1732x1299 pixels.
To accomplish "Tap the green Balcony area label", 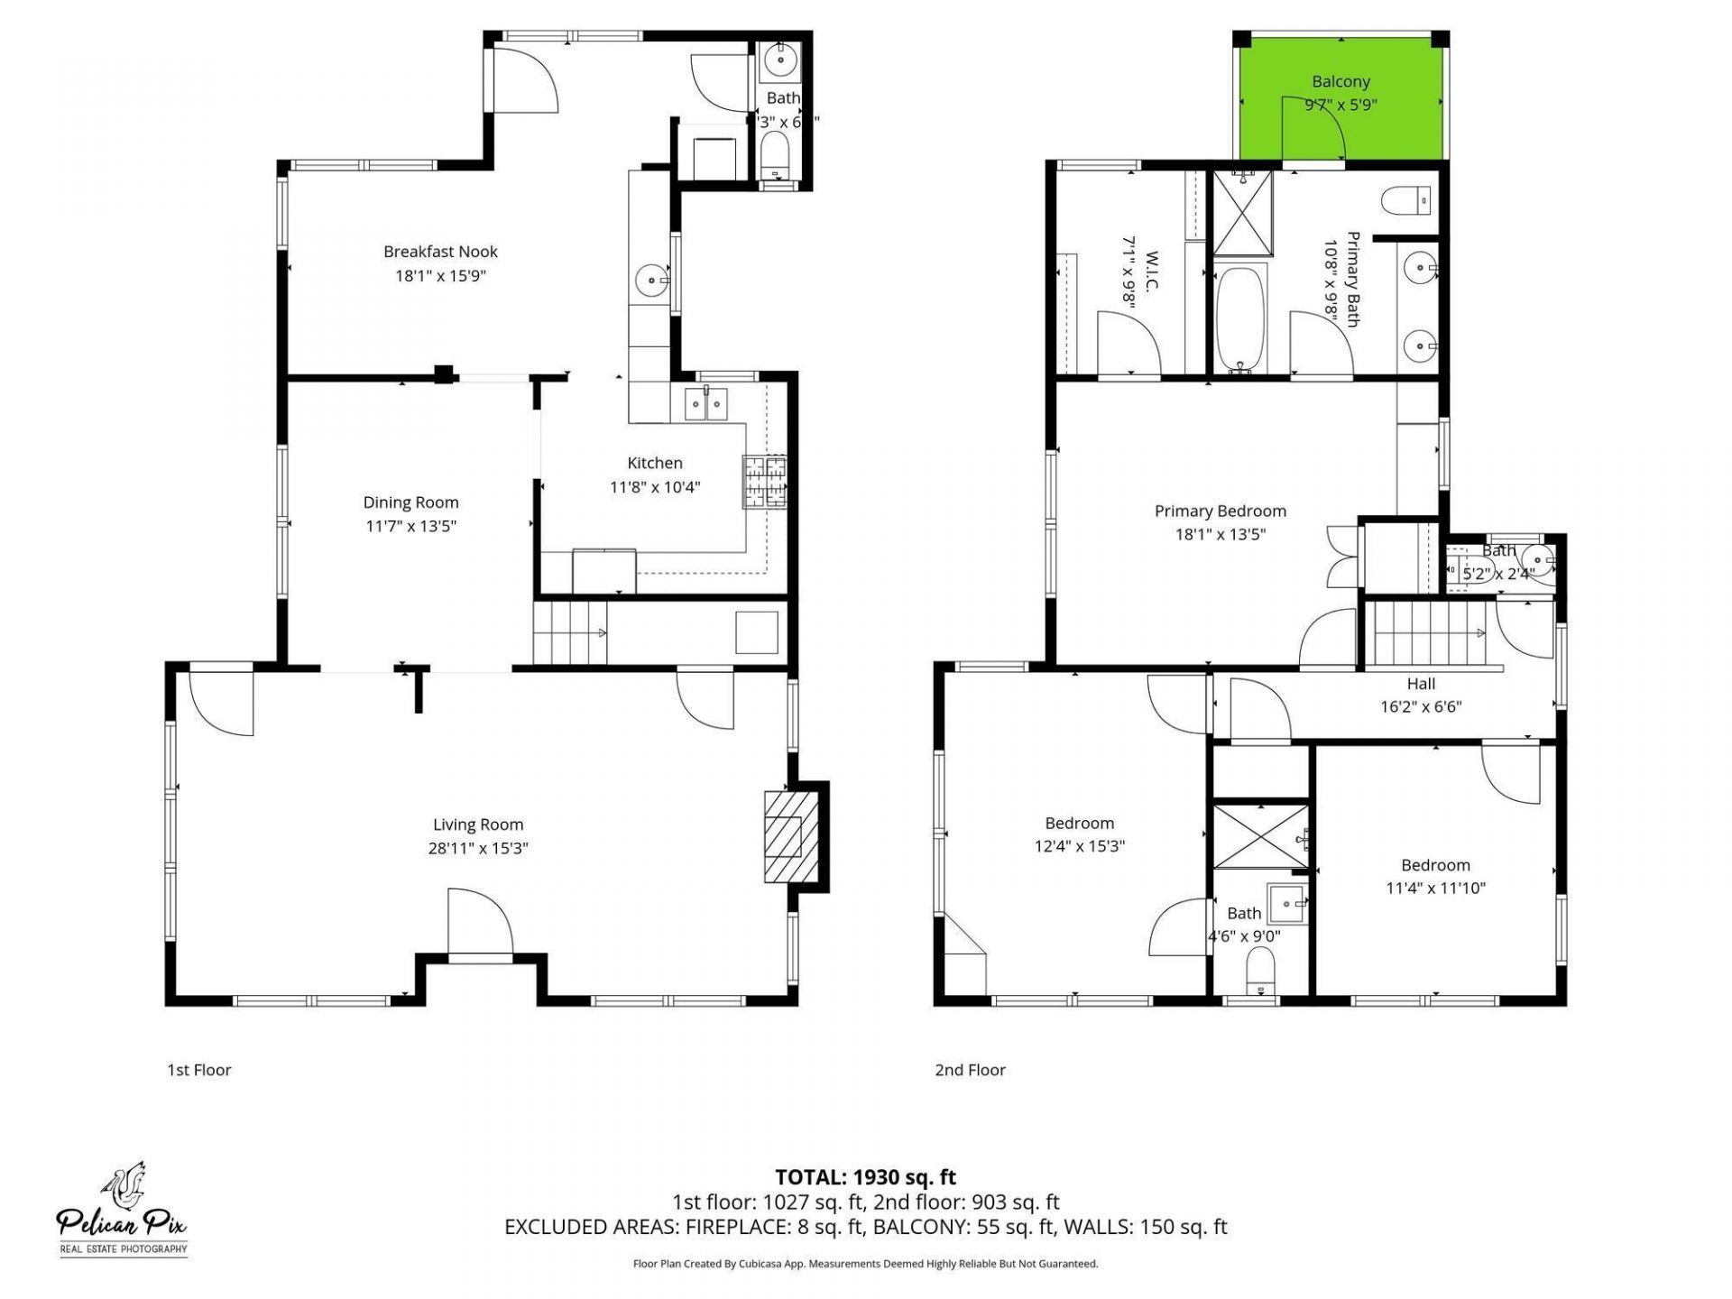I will point(1340,82).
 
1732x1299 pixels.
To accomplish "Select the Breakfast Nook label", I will point(440,252).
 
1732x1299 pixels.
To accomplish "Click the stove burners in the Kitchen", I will point(764,482).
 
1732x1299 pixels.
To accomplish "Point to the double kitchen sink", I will point(705,405).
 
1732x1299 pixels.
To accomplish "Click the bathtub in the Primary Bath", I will point(1241,320).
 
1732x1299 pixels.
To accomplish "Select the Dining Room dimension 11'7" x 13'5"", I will point(410,526).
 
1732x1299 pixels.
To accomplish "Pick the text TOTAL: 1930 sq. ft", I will point(865,1177).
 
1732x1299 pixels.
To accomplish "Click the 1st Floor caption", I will point(199,1070).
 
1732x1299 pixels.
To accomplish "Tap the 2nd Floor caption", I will point(970,1070).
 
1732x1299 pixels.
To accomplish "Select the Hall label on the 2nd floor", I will point(1421,684).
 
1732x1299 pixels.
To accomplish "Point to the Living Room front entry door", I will point(480,925).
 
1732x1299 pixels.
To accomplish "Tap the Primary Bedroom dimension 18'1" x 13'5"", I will point(1220,534).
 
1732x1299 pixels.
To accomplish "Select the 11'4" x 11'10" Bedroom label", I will point(1435,888).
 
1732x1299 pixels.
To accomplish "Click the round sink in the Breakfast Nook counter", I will point(650,280).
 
